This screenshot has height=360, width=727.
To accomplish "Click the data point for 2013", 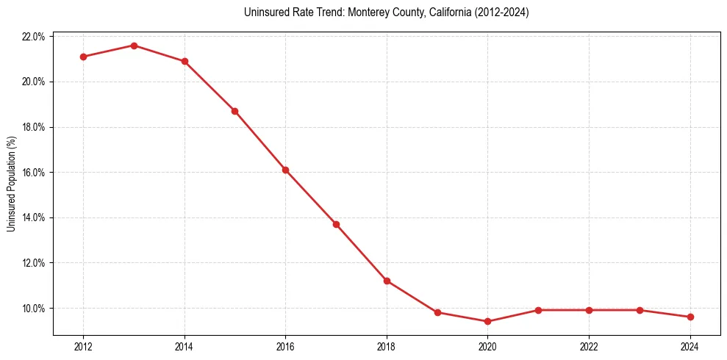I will click(x=134, y=46).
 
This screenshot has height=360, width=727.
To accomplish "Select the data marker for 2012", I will click(x=83, y=57).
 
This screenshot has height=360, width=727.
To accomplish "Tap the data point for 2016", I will click(x=285, y=170).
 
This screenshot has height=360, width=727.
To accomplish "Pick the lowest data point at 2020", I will click(x=488, y=322).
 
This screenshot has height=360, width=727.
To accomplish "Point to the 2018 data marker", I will click(x=387, y=281).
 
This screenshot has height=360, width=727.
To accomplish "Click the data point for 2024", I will click(x=690, y=317).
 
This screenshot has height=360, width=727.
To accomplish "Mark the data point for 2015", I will click(x=234, y=111).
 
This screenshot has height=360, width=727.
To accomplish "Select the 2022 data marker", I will click(x=589, y=310).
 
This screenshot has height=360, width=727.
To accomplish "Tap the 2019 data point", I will click(x=437, y=312).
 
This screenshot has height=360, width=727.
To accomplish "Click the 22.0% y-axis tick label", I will click(x=35, y=37).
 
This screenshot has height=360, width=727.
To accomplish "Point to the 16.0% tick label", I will click(x=35, y=173).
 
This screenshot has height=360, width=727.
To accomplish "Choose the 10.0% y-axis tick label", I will click(x=35, y=309).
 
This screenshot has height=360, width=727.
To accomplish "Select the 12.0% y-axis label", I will click(x=35, y=263).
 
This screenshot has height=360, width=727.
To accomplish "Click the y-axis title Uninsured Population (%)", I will click(x=11, y=184).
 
